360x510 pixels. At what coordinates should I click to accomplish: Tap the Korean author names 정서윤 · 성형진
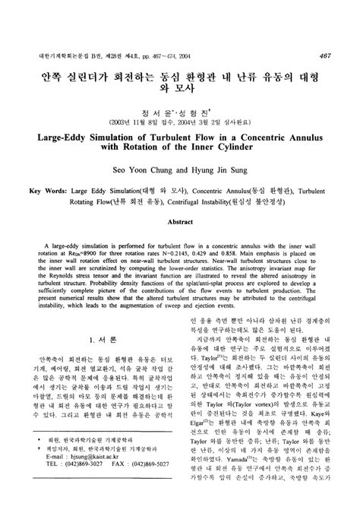(x=179, y=107)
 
